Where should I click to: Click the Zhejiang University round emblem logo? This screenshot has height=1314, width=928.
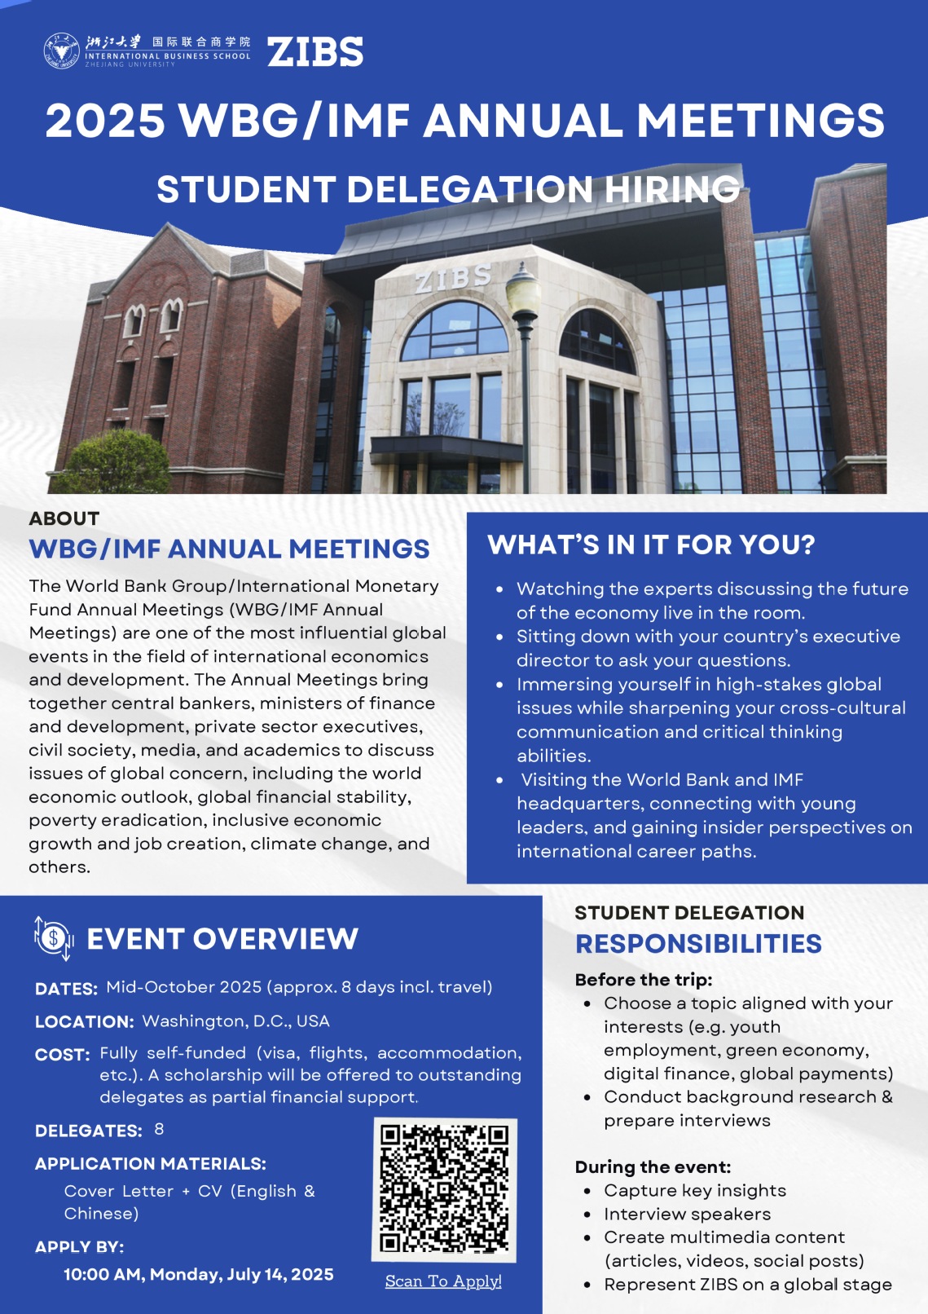[62, 51]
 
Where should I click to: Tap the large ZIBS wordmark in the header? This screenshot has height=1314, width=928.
[315, 52]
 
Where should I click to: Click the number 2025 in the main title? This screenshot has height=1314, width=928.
[105, 121]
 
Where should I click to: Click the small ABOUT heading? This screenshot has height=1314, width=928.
[64, 518]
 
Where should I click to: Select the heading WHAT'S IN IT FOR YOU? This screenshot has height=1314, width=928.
[651, 545]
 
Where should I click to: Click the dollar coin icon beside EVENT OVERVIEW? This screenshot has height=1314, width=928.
[54, 938]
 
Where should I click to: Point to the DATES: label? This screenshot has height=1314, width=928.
[66, 989]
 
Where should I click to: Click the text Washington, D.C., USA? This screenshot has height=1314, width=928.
[235, 1021]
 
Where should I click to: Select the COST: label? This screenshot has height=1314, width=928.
[62, 1055]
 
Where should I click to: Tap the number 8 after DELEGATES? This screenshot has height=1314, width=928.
[159, 1130]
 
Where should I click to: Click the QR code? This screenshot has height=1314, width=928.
[444, 1188]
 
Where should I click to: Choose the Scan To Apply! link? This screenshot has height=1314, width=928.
[443, 1281]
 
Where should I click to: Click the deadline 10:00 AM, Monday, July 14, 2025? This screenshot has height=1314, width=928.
[199, 1275]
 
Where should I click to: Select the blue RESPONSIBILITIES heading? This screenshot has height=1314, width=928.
[698, 944]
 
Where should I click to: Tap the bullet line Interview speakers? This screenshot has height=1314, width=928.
[687, 1214]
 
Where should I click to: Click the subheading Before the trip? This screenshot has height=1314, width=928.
[644, 980]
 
